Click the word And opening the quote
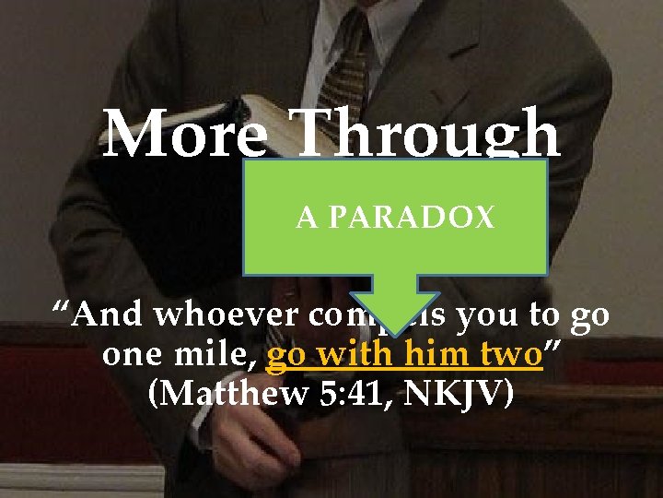point(109,315)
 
